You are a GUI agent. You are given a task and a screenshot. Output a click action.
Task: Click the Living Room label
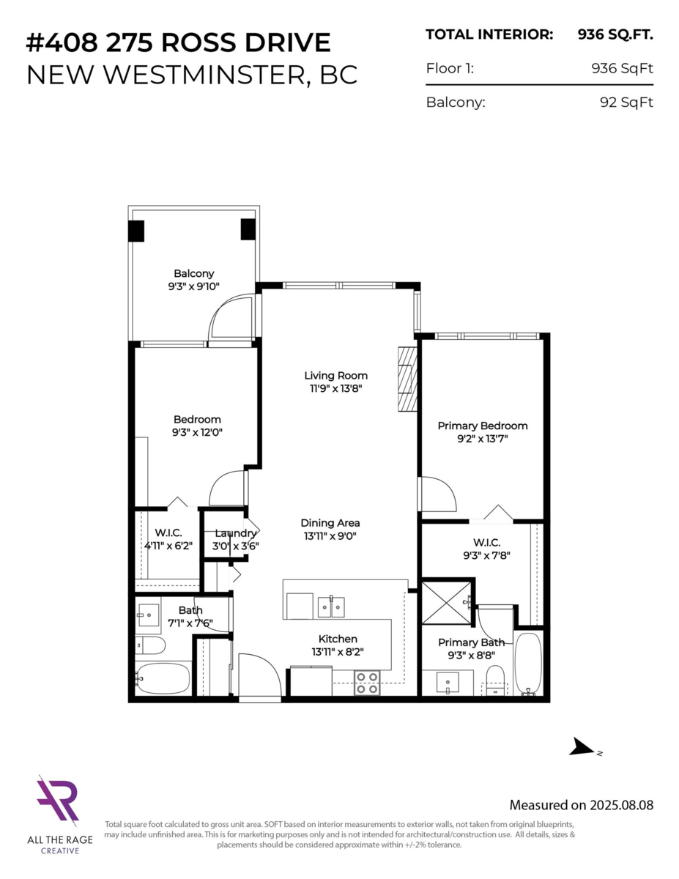335,376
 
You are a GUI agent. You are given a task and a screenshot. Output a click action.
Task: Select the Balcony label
194,273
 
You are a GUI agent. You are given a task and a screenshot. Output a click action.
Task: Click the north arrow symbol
584,747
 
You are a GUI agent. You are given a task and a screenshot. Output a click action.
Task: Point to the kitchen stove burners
367,683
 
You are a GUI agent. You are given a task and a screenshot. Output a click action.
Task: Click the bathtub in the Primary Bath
527,664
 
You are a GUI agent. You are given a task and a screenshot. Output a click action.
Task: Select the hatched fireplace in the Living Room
407,379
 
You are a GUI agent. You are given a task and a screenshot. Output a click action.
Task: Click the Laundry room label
236,533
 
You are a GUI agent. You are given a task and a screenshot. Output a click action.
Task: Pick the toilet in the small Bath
151,645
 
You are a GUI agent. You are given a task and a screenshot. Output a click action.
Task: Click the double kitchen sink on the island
331,607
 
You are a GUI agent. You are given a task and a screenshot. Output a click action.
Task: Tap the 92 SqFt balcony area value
626,103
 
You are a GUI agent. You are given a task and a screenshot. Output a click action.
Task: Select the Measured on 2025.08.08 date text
581,805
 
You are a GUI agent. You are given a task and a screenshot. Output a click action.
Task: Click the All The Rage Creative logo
58,802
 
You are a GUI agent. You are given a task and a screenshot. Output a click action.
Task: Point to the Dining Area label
330,523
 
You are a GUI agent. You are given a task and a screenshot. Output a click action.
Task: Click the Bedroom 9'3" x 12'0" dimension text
197,432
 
